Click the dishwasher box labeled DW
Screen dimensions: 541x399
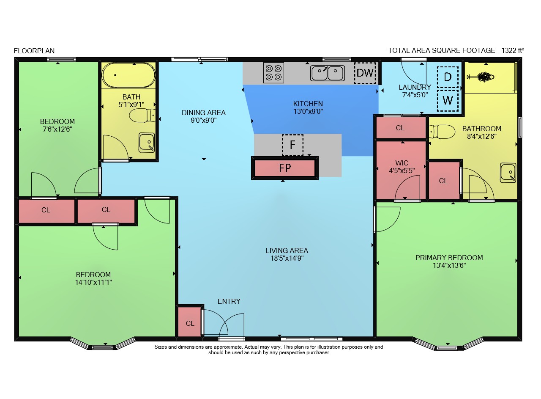365,73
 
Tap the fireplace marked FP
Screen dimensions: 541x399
285,168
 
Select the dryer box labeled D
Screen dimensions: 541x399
448,77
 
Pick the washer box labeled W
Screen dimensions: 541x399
448,101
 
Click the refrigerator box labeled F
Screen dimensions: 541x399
292,145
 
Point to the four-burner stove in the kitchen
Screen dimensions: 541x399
273,73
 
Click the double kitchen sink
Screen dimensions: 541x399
327,73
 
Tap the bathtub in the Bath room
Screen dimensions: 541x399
128,75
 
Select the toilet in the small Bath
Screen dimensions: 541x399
142,116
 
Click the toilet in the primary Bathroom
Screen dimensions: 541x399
442,132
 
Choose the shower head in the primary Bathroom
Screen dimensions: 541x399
481,77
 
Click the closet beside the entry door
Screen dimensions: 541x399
190,322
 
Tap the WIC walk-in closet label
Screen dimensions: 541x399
402,163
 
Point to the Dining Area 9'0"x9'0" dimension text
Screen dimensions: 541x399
204,120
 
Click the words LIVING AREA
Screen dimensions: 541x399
287,250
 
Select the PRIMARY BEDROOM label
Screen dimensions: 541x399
449,258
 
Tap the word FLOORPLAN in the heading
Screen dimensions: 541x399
34,51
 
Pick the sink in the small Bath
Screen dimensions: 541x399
147,143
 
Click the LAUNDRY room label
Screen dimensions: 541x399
415,87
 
